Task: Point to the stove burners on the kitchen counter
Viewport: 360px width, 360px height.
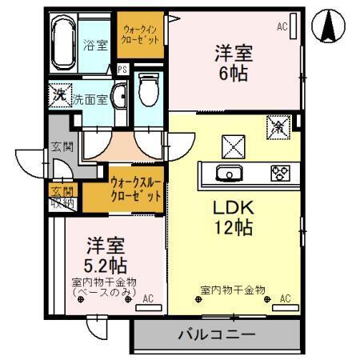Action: (x=280, y=174)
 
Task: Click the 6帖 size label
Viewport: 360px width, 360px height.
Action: (x=234, y=74)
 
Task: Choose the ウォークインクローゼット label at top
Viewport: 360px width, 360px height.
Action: (x=140, y=33)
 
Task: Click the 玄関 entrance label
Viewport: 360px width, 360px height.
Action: (x=62, y=146)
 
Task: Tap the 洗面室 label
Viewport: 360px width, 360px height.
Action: (x=90, y=99)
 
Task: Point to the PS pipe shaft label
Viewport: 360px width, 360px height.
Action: (x=122, y=70)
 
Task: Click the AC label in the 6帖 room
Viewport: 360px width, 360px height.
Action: (x=282, y=27)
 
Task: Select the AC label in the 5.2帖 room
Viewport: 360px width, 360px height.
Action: (x=147, y=299)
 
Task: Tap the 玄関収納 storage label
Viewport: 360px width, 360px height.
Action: (x=62, y=197)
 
